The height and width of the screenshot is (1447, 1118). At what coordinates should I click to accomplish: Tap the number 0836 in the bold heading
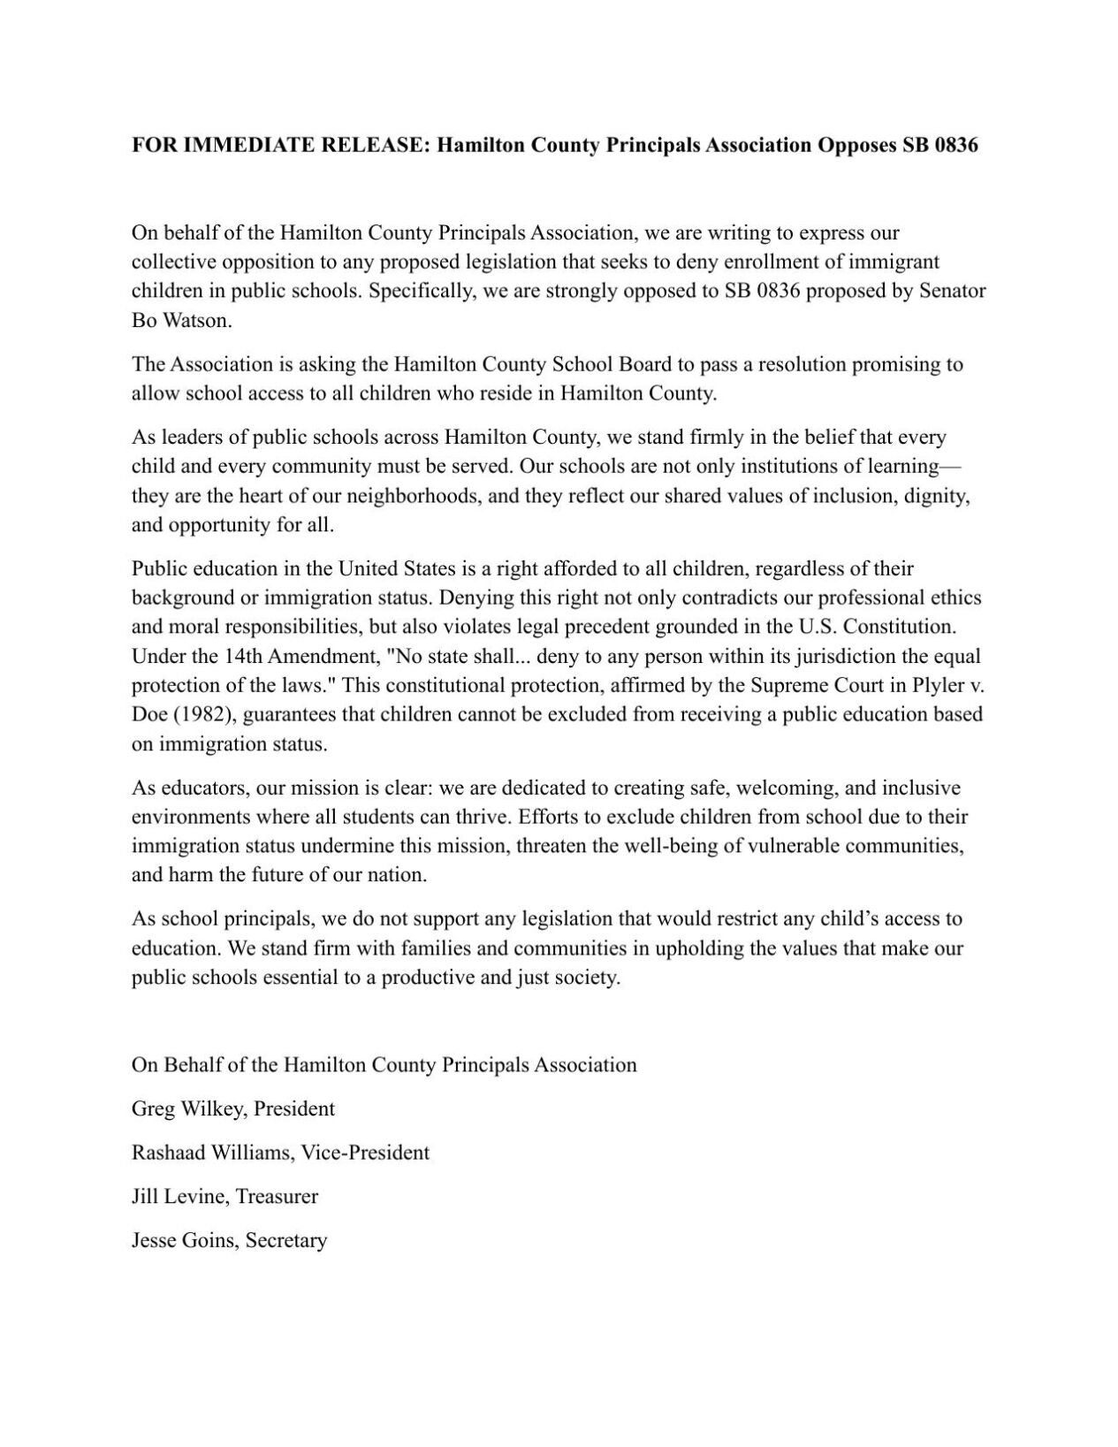point(952,145)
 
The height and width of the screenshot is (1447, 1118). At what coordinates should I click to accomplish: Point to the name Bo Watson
point(181,320)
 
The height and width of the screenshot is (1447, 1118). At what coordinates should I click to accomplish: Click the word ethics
point(955,598)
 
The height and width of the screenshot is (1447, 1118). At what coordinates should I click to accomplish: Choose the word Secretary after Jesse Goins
point(286,1240)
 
